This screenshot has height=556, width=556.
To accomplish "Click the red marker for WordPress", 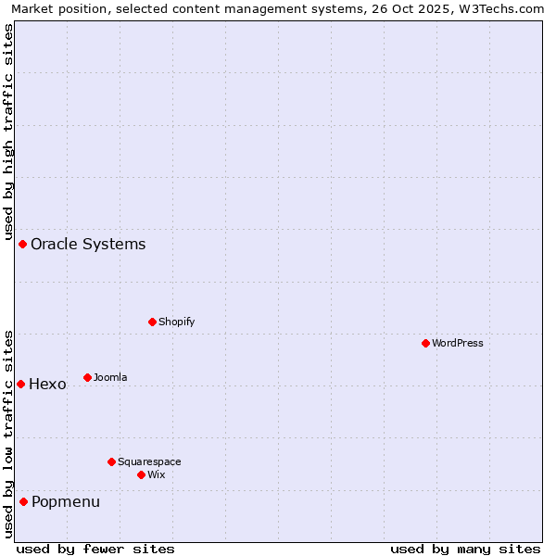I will pos(425,343).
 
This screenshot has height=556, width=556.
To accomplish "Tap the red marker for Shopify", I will pos(152,322).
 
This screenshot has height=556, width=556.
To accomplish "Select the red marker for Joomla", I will pos(87,377).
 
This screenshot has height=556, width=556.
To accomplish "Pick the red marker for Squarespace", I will pos(111,461).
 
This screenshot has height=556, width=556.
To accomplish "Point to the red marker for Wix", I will pos(141,474).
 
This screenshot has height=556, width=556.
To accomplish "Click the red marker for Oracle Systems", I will pos(23,244).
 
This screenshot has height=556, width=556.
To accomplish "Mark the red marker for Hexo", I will pos(20,384).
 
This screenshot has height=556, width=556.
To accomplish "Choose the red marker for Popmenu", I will pos(23,501).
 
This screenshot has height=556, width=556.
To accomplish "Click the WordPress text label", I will pos(458,343).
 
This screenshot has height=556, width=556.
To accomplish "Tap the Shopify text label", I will pos(176,322).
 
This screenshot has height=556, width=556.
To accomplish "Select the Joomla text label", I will pos(110,377).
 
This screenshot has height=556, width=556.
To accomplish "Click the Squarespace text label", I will pos(149,461).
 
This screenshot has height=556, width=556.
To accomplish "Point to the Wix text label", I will pos(157,474).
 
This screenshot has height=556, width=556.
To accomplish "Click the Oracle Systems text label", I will pos(88,244).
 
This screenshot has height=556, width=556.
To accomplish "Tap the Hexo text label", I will pos(47,384).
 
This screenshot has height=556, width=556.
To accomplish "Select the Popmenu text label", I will pos(66,501).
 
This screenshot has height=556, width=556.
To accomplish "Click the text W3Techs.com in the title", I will pos(497,8).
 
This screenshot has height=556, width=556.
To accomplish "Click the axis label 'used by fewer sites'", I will pos(95,549).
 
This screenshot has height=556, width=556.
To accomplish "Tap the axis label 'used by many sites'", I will pos(465,549).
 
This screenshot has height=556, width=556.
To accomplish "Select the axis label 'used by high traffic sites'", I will pos(9,130).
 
